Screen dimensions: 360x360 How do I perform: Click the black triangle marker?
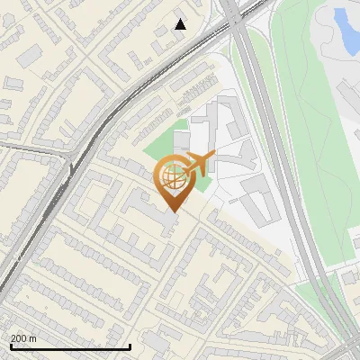pyautogui.click(x=180, y=24)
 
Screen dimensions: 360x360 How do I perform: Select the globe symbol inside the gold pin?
pyautogui.click(x=173, y=177)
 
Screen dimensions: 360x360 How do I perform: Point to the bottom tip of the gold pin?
pyautogui.click(x=173, y=212)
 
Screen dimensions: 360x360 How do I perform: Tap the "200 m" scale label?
pyautogui.click(x=23, y=338)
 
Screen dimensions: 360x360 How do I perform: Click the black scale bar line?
pyautogui.click(x=69, y=346)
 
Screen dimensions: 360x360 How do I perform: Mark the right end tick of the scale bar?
pyautogui.click(x=130, y=345)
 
